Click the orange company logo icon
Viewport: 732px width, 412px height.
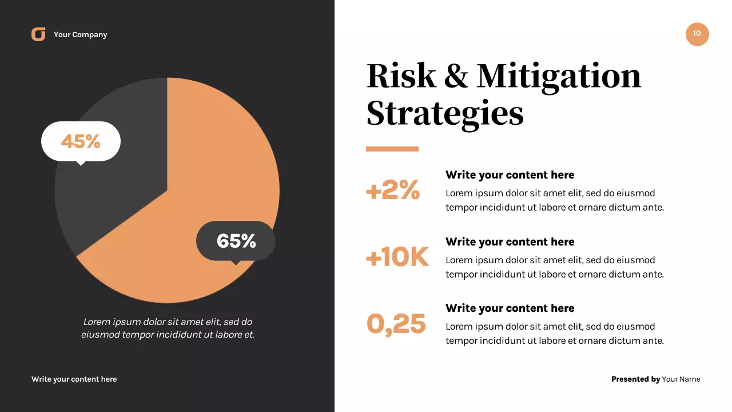click(x=38, y=34)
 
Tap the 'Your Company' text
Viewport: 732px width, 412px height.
click(x=80, y=35)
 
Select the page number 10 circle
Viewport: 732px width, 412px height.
click(x=697, y=34)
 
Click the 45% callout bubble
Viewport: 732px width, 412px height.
click(x=81, y=141)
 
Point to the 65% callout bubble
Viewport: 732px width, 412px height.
click(x=236, y=241)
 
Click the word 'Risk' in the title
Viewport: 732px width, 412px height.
click(x=401, y=76)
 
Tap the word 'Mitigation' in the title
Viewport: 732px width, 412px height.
click(x=559, y=77)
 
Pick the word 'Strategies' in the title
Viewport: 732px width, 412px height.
click(x=445, y=113)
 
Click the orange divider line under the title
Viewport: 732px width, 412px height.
click(x=392, y=149)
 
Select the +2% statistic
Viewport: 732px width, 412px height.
click(x=393, y=190)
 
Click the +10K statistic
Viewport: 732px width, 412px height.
click(x=397, y=257)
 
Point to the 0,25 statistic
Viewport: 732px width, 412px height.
click(x=396, y=324)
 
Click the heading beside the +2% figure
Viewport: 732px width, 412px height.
click(x=510, y=175)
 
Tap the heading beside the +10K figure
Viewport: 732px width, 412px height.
click(x=510, y=242)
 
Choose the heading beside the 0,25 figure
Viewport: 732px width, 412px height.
click(x=510, y=308)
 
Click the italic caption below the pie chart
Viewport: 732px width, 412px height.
click(x=168, y=328)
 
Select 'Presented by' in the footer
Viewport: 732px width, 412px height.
click(x=635, y=379)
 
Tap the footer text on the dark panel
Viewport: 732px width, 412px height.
click(x=74, y=379)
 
